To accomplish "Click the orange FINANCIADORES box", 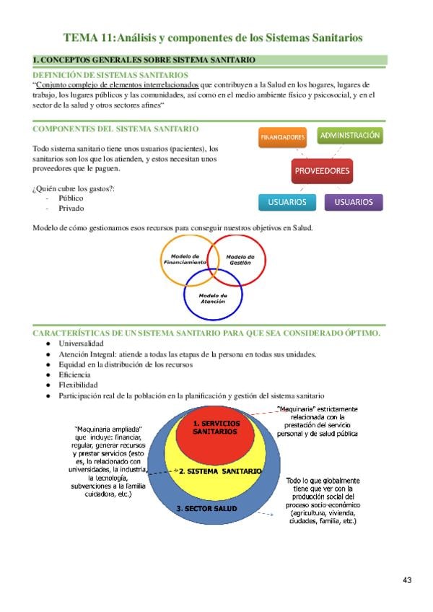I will coord(283,136).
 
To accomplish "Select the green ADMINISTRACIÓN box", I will coord(350,135).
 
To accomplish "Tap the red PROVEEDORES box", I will coord(322,171).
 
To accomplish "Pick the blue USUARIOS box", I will coord(287,202).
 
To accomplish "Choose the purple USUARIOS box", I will coord(354,202).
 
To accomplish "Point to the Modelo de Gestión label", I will coord(240,260).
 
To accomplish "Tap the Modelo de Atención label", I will coord(213,298).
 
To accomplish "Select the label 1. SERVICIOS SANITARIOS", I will coord(215,427).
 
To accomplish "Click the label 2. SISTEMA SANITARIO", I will coord(220,471).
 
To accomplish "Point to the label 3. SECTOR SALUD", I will coord(206,509).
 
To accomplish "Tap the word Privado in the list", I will coord(71,208).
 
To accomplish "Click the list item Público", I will coord(71,198).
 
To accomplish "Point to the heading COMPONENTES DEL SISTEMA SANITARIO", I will coord(115,128).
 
